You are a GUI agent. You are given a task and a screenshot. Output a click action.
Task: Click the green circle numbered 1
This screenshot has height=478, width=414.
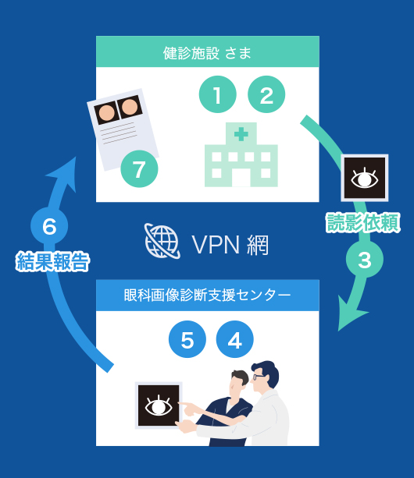218,94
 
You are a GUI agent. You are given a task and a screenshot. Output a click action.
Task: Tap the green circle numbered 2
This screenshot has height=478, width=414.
266,94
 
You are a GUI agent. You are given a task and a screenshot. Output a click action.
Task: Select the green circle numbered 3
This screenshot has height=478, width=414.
365,260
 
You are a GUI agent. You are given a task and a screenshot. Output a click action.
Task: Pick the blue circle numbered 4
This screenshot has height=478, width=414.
235,339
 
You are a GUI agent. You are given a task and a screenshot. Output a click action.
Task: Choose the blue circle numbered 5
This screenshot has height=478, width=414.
187,339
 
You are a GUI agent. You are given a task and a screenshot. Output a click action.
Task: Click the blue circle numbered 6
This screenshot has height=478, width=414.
49,225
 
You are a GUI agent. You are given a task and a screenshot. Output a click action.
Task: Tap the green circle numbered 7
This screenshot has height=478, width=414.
139,169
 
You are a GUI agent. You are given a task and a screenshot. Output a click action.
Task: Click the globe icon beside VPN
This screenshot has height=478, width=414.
162,241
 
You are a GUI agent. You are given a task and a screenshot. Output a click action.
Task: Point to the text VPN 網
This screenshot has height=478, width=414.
230,245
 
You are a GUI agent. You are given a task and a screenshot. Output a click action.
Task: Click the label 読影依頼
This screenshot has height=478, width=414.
363,222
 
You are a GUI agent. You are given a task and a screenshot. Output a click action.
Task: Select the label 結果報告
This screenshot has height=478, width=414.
52,261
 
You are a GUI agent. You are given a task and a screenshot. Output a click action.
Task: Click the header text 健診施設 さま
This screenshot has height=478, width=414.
207,53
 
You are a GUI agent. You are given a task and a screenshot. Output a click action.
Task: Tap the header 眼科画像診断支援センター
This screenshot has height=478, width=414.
207,295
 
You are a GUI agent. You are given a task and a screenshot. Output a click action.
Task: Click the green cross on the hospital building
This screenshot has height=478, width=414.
241,134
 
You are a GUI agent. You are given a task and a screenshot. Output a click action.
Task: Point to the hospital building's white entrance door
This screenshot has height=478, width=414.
241,178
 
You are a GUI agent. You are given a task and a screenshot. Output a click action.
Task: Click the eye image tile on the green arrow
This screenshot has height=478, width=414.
365,178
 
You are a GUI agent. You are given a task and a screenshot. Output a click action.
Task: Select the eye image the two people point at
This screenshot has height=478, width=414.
159,405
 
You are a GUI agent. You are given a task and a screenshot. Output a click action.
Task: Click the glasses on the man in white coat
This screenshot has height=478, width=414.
259,377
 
